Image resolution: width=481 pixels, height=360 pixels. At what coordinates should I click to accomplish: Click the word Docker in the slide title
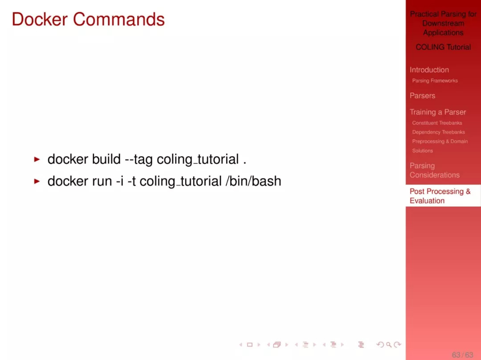[40, 19]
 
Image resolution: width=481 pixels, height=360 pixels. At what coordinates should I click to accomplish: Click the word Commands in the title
[119, 19]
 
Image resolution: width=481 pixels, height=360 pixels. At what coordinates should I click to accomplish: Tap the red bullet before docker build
[37, 159]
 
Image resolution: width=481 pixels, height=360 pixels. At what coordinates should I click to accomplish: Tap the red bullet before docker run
[37, 181]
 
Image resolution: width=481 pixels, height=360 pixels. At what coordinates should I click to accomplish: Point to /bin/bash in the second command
[253, 181]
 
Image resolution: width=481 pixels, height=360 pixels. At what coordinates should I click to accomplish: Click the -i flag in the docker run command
[120, 181]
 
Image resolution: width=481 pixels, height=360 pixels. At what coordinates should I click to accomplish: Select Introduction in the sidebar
[429, 69]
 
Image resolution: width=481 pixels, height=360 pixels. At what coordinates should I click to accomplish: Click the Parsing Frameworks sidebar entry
[435, 81]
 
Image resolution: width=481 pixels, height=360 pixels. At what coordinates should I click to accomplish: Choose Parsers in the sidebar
[422, 96]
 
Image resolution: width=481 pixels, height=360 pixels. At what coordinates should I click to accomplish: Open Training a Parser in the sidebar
[438, 112]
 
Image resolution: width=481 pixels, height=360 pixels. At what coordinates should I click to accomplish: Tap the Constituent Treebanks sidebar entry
[437, 123]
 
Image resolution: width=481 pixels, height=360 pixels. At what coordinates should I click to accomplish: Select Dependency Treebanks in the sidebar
[438, 132]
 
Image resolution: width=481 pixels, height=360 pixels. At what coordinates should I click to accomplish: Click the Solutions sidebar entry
[422, 151]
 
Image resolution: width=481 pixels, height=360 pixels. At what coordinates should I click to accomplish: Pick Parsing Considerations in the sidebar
[434, 170]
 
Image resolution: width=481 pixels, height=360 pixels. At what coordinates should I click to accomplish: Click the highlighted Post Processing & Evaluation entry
[440, 196]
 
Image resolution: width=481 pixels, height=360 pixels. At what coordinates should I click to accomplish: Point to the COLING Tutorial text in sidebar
[443, 47]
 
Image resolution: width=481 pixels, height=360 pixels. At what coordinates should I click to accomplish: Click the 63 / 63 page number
[462, 355]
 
